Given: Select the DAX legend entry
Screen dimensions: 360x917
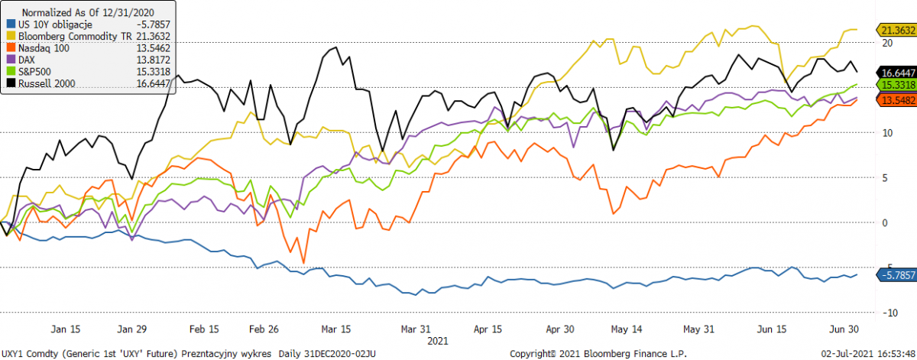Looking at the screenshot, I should pos(26,58).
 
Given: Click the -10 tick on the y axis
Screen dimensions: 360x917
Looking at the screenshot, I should pos(885,313).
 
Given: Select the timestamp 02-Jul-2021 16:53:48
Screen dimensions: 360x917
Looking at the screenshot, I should pos(868,354).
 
